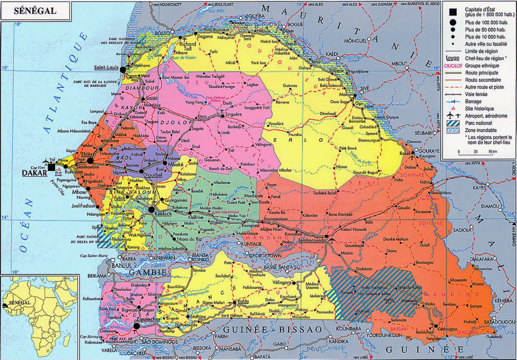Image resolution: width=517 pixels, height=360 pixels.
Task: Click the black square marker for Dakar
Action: click(x=52, y=167)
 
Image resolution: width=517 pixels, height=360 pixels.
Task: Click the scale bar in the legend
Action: click(x=477, y=152)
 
